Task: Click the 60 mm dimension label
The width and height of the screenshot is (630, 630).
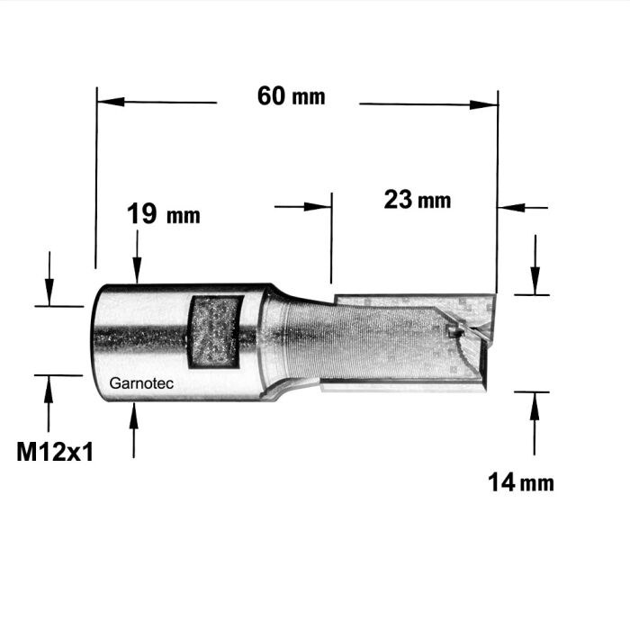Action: (291, 95)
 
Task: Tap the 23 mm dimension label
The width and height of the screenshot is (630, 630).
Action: (417, 200)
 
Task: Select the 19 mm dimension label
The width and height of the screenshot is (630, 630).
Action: (163, 215)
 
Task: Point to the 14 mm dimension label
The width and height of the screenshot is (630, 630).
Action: (521, 483)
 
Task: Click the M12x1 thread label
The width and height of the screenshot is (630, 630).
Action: (55, 452)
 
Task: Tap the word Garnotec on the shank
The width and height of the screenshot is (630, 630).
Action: (141, 382)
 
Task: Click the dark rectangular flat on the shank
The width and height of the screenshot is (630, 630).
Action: (214, 330)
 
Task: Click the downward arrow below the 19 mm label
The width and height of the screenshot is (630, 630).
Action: (136, 274)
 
